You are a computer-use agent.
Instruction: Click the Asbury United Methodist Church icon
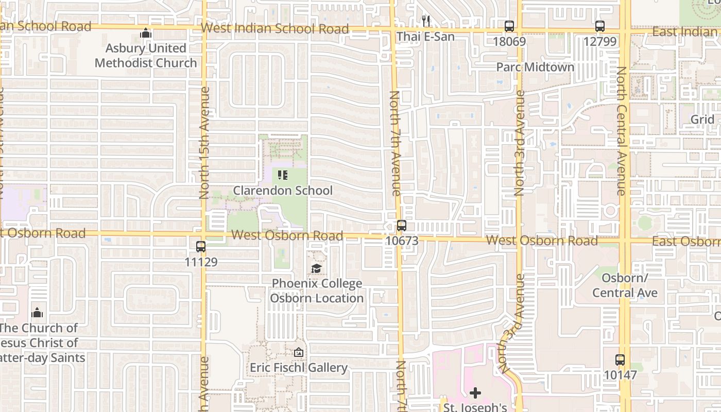(146, 33)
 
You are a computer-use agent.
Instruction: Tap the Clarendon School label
(283, 191)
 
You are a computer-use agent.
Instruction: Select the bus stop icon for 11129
(201, 247)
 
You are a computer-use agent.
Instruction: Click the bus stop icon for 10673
(401, 226)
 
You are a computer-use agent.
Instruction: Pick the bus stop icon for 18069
(509, 26)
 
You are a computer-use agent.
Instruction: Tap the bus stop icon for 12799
(599, 26)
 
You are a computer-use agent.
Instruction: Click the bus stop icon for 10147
(620, 360)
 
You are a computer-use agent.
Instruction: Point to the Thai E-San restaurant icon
(425, 21)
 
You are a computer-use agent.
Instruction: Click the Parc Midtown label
(535, 67)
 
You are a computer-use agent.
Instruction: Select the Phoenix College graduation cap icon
(317, 268)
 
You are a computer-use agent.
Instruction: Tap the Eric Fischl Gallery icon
(298, 353)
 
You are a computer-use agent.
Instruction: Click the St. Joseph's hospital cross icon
(475, 393)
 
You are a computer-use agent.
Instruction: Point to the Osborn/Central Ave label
(625, 285)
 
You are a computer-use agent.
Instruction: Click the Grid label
(702, 119)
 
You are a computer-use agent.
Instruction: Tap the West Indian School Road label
(275, 28)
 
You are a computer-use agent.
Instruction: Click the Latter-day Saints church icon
(37, 313)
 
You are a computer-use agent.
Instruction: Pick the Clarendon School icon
(282, 175)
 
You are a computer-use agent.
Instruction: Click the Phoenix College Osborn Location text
(317, 290)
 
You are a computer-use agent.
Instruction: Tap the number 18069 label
(509, 41)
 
